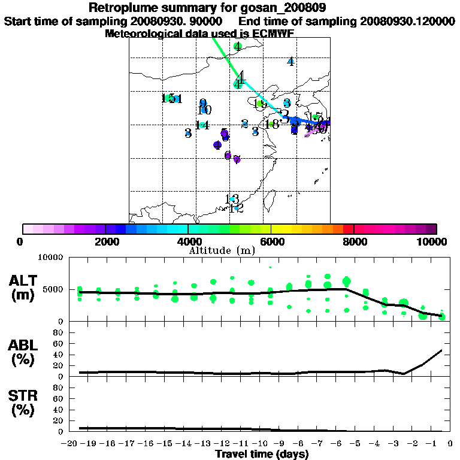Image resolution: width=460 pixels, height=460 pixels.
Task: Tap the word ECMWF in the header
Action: click(x=274, y=34)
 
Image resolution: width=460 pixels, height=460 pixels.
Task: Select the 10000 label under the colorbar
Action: click(x=433, y=241)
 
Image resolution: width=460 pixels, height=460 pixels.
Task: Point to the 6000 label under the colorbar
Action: click(x=271, y=241)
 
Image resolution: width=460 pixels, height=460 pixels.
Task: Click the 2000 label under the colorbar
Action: click(x=105, y=241)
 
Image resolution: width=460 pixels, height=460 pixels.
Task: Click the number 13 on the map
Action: click(x=232, y=199)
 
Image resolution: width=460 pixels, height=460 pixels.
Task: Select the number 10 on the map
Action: click(x=204, y=110)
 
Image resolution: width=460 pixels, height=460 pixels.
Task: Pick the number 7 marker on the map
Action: click(x=237, y=159)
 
